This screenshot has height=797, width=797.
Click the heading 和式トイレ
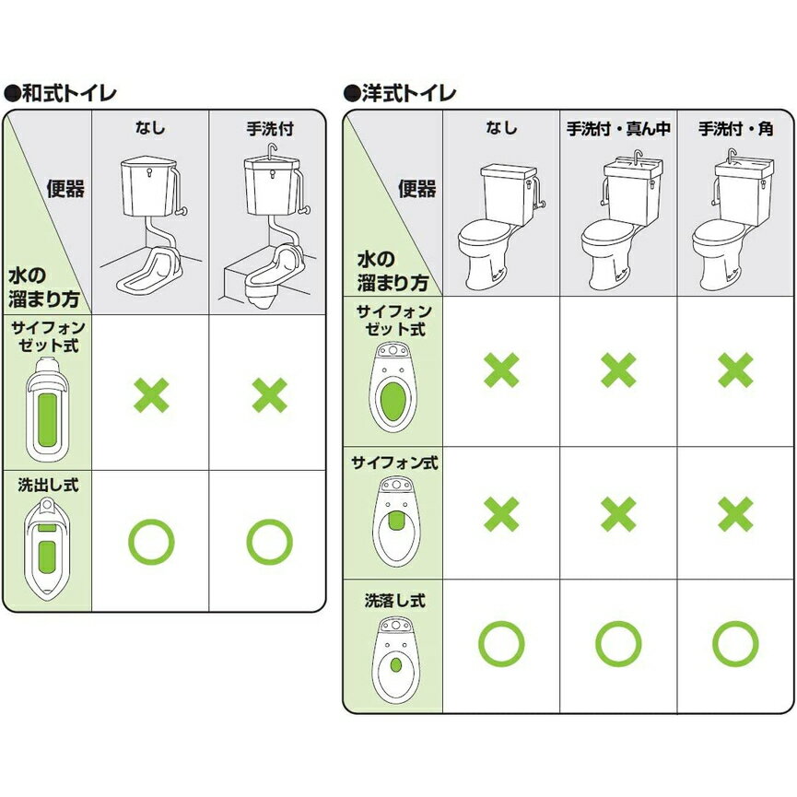click(x=68, y=94)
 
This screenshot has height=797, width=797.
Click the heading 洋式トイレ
click(x=409, y=94)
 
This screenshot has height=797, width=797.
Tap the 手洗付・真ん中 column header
click(x=618, y=129)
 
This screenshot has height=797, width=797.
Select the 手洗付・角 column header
click(x=735, y=129)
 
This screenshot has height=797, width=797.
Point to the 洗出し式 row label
click(x=48, y=485)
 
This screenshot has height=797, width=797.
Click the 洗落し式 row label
click(x=395, y=601)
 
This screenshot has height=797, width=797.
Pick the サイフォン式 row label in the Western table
click(x=394, y=463)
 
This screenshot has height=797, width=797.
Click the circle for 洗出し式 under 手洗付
click(x=269, y=542)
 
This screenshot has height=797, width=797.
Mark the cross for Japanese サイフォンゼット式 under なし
click(x=151, y=395)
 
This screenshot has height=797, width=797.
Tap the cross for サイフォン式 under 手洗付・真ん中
click(x=618, y=514)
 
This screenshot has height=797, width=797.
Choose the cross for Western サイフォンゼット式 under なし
click(x=501, y=369)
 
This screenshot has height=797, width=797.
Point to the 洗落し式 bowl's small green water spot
click(x=396, y=665)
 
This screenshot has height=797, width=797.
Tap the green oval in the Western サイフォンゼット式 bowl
click(x=393, y=402)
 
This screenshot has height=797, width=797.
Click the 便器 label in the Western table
click(x=416, y=189)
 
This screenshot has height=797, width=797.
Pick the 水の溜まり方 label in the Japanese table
click(x=43, y=287)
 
